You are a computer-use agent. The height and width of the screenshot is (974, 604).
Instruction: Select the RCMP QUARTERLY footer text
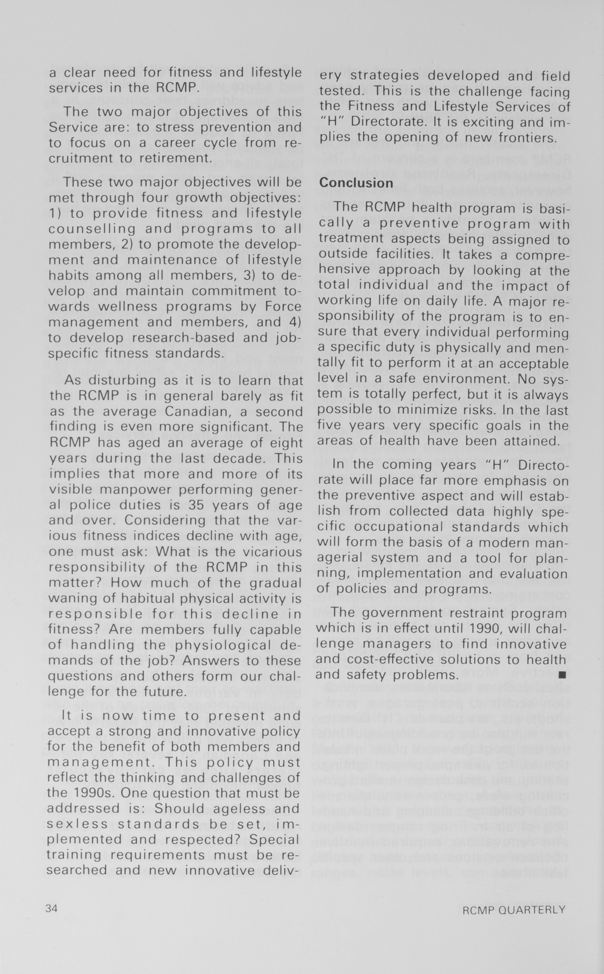pos(514,910)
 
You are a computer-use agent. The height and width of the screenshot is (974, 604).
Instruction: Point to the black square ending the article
pos(562,675)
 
